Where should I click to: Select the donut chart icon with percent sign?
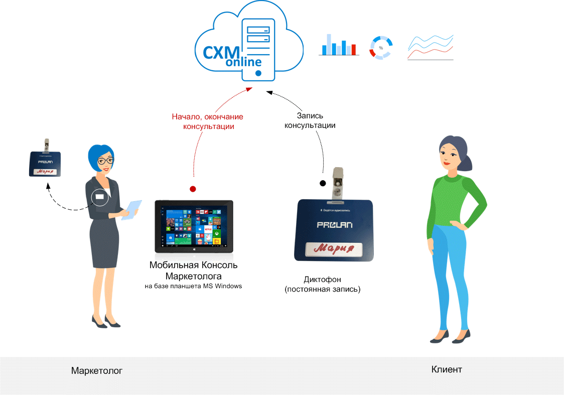tap(381, 48)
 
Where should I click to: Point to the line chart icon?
tap(430, 48)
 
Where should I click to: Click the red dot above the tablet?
tap(193, 189)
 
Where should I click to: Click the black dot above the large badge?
tap(323, 183)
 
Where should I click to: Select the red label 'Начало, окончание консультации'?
tap(207, 121)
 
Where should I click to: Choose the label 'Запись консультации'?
tap(310, 120)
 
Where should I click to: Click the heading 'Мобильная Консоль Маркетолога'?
tap(194, 270)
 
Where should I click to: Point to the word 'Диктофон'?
tap(322, 280)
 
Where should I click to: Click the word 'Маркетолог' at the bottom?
tap(97, 371)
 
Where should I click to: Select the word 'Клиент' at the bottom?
tap(447, 370)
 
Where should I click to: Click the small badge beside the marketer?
tap(44, 162)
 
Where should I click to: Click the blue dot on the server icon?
tap(258, 73)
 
